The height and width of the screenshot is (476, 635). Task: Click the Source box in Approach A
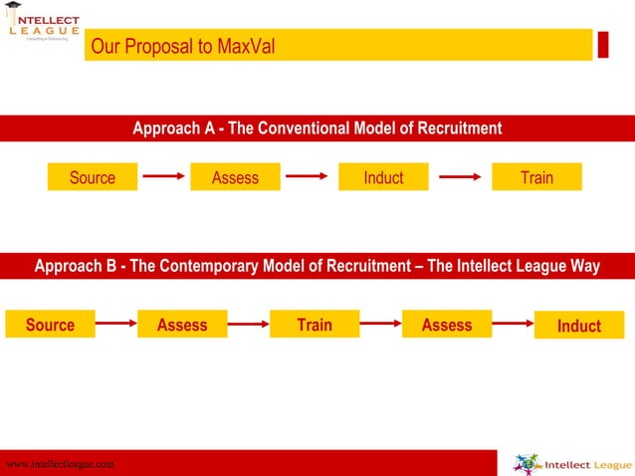point(93,177)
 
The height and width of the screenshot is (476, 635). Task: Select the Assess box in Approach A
point(235,177)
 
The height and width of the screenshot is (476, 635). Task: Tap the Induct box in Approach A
point(383,177)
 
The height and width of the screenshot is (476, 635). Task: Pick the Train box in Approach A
point(536,177)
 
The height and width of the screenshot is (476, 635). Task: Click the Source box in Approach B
point(50,325)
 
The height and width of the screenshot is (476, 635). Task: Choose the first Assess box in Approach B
point(182,325)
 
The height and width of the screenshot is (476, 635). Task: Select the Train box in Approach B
point(315,325)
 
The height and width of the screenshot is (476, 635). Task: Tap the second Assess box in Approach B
point(447,325)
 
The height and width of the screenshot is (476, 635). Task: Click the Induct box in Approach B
point(579,326)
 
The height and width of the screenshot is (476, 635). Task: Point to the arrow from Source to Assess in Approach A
point(163,177)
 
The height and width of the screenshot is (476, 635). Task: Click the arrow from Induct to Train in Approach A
point(461,178)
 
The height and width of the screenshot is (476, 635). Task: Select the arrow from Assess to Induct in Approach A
point(308,177)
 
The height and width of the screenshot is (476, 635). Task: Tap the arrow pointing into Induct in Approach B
point(514,323)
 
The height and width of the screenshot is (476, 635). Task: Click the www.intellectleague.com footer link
point(60,464)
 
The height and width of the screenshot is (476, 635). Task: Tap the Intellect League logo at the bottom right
point(570,463)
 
